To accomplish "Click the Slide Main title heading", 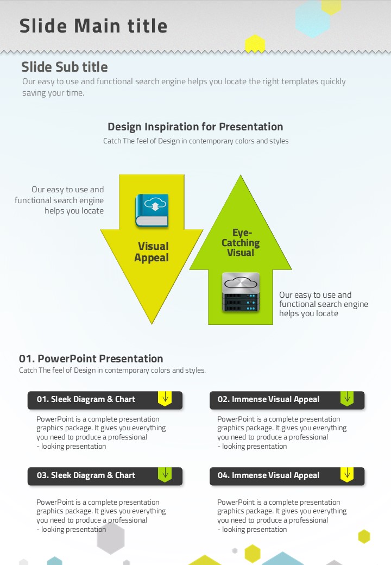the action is (x=93, y=26).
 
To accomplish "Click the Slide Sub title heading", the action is (x=65, y=67).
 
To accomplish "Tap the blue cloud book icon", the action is (x=152, y=210).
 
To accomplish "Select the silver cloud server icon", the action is (x=241, y=292).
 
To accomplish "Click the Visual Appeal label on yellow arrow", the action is (x=152, y=252).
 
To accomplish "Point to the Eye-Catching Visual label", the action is (x=241, y=242).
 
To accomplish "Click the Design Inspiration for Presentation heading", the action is (x=195, y=127).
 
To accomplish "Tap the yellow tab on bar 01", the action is (x=165, y=399).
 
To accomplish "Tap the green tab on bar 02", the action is (x=347, y=399).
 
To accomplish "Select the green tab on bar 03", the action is (x=165, y=475).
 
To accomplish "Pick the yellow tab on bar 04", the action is (x=347, y=475).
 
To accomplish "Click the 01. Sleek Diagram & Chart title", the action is (x=86, y=399).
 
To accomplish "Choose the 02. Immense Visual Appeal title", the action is (x=268, y=399).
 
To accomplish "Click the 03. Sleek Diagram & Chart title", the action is (x=86, y=475).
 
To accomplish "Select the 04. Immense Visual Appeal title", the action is (x=268, y=475).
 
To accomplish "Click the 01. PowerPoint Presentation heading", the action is (x=91, y=359).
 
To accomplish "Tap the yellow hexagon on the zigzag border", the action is (x=255, y=44).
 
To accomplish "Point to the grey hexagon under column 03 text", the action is (x=111, y=538).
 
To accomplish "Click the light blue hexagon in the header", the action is (x=312, y=18).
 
